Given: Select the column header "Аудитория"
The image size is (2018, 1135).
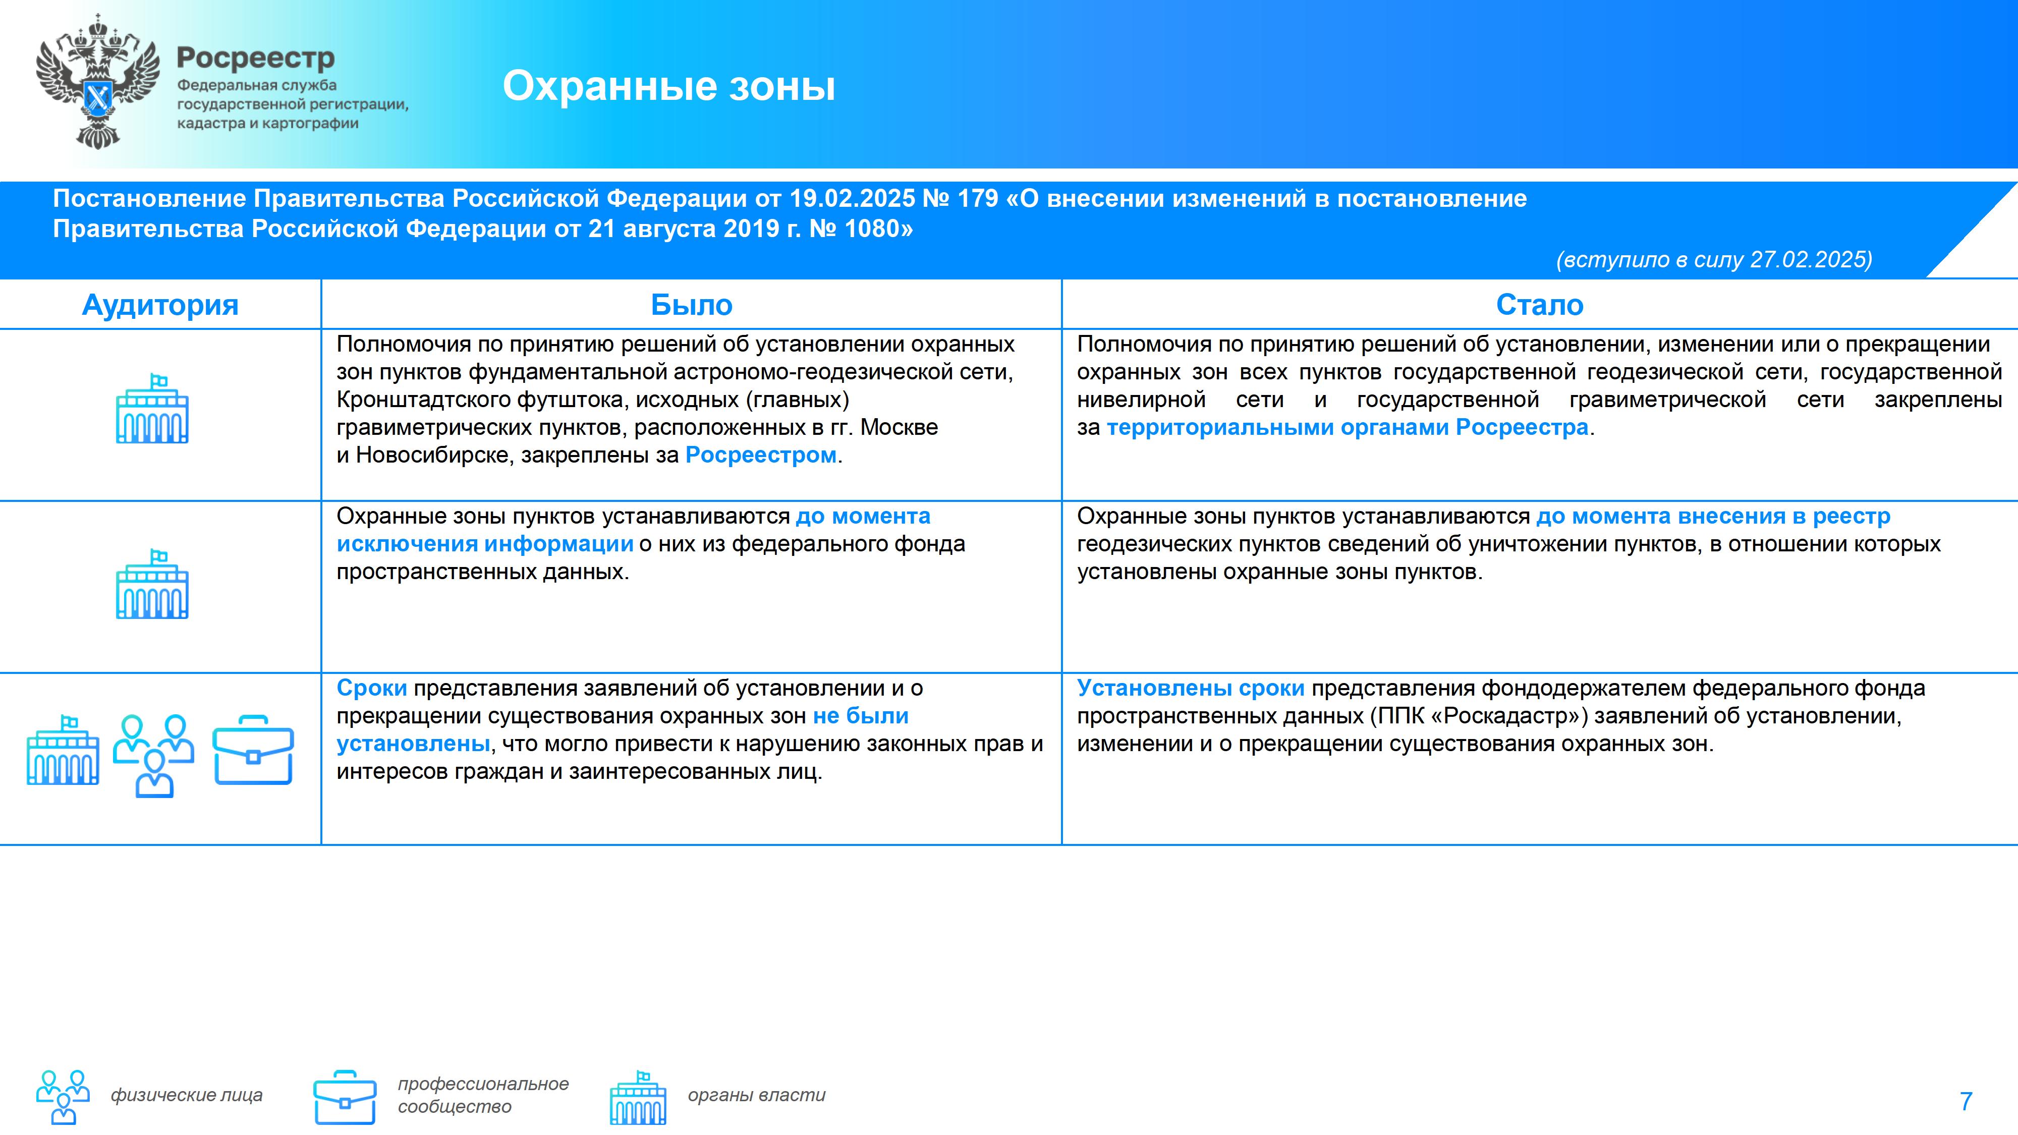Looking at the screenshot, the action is tap(160, 305).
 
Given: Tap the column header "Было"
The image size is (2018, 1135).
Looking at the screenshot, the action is tap(691, 305).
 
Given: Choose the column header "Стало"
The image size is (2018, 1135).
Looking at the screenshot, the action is tap(1539, 305).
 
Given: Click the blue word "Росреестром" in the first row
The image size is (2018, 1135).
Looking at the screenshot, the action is tap(761, 455).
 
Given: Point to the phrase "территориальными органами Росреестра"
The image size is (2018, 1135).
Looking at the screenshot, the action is tap(1348, 428).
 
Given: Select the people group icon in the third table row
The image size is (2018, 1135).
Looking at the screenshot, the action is tap(153, 755).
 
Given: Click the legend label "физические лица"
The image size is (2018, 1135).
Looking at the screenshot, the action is tap(187, 1095).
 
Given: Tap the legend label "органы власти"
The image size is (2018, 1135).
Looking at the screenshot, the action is tap(757, 1095).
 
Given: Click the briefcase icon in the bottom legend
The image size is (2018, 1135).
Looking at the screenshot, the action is tap(345, 1097).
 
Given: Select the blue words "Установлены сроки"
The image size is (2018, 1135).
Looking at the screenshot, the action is tap(1191, 688).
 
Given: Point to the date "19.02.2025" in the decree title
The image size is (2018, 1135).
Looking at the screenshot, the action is tap(852, 198).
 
